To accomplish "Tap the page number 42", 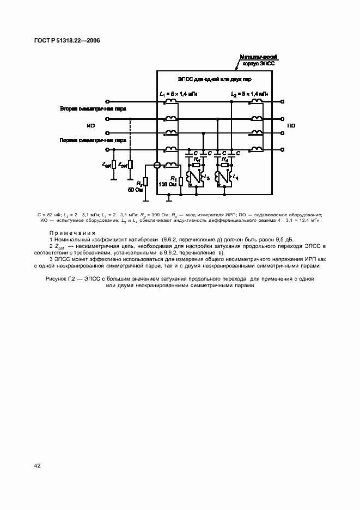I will click(x=37, y=465).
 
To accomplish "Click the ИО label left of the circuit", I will click(x=91, y=125).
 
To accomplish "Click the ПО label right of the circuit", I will click(x=291, y=125).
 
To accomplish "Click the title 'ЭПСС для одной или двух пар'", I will click(x=214, y=80).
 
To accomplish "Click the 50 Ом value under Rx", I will click(x=135, y=190).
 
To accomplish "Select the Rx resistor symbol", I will click(x=145, y=182).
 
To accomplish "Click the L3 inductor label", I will click(x=206, y=178).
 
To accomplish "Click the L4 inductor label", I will click(x=235, y=178).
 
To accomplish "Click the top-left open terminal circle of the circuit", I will click(x=107, y=101).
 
